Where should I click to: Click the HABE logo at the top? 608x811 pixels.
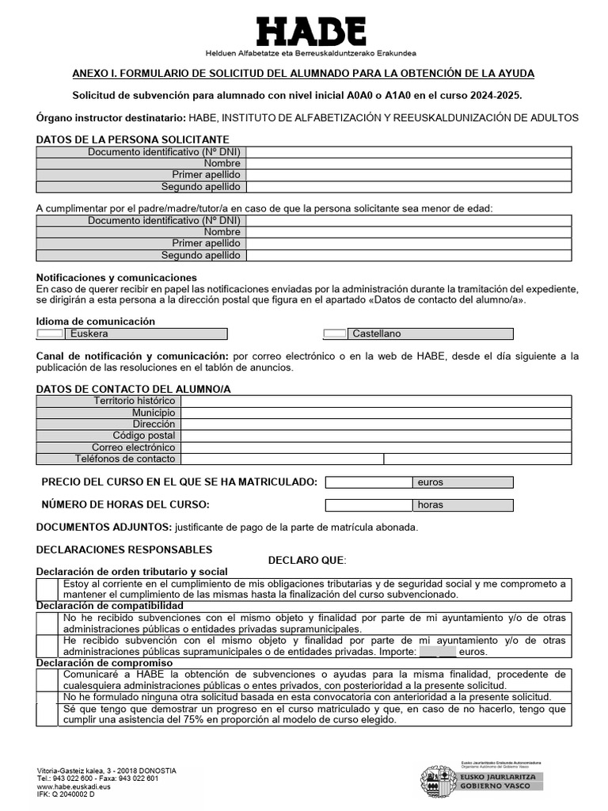(310, 32)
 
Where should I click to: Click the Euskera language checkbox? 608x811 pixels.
(50, 334)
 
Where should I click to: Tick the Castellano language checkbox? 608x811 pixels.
(336, 334)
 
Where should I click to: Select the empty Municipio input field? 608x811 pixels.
(375, 413)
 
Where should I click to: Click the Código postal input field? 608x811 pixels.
(375, 436)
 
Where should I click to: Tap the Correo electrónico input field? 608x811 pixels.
(375, 447)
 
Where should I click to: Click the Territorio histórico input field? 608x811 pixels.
(375, 402)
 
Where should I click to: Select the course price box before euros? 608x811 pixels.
(368, 482)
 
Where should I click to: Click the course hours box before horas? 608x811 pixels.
(368, 505)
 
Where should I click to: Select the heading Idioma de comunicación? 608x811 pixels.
(96, 322)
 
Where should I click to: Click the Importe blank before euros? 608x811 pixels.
(437, 652)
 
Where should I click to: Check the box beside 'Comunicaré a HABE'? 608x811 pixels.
(48, 679)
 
